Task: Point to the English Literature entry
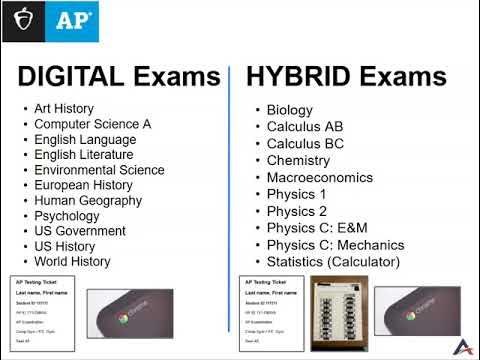(x=84, y=155)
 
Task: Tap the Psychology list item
(x=67, y=216)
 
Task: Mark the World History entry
(x=72, y=261)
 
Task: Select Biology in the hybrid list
(x=290, y=110)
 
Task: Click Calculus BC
(x=303, y=143)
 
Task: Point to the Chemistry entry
(x=298, y=160)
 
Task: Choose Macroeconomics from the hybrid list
(x=319, y=178)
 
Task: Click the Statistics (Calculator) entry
(x=333, y=262)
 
